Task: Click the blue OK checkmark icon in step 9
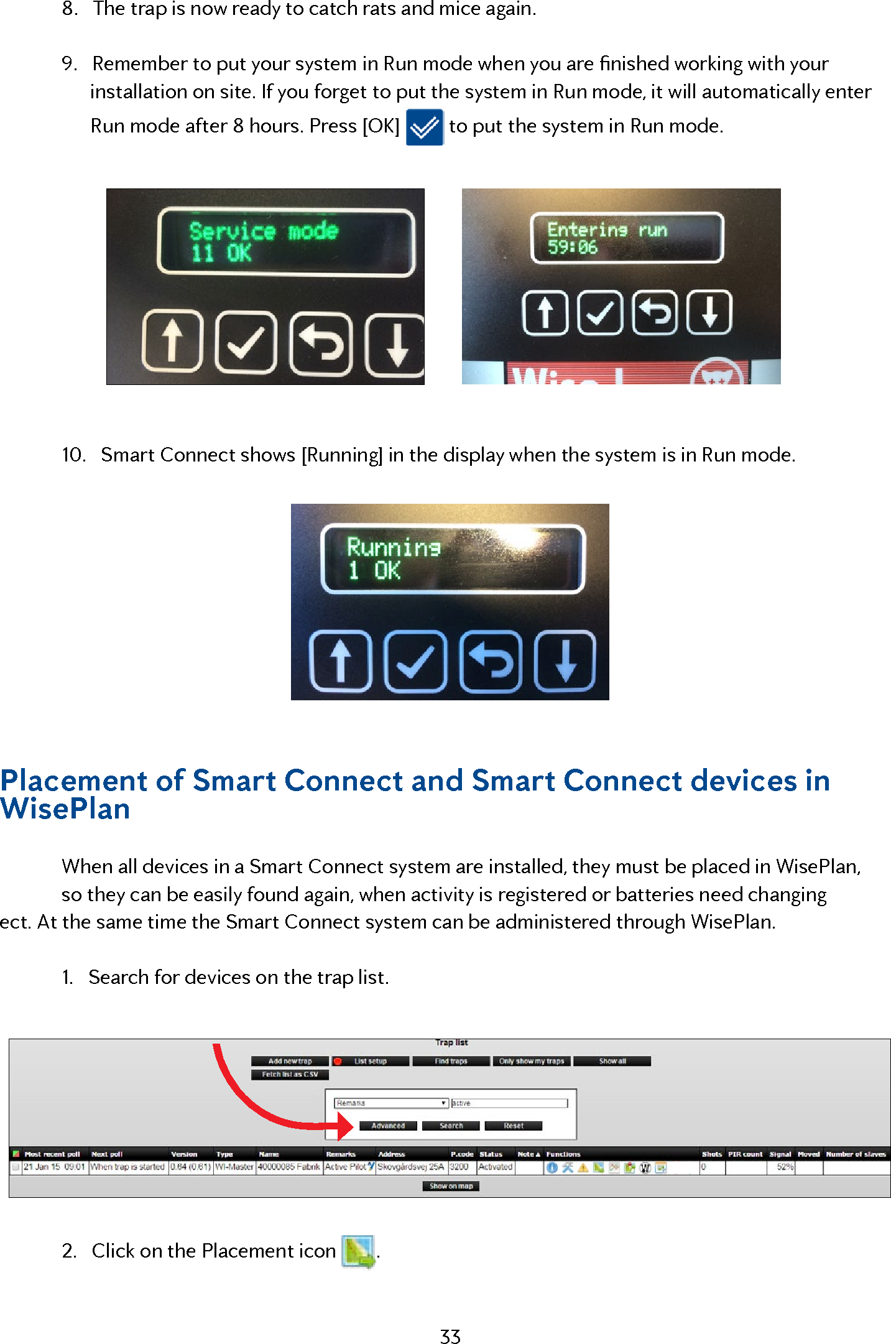click(x=425, y=127)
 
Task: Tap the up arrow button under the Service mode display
click(x=172, y=343)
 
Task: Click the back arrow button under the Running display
click(x=491, y=661)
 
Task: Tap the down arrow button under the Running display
click(x=565, y=661)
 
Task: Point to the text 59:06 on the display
click(x=572, y=248)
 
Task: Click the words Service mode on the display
click(x=264, y=231)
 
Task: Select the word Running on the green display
click(x=394, y=547)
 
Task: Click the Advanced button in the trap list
click(x=388, y=1126)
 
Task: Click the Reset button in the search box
click(x=514, y=1126)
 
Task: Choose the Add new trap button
click(x=290, y=1061)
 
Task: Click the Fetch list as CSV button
click(x=290, y=1074)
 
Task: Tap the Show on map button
click(x=451, y=1186)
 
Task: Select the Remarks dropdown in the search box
click(x=391, y=1103)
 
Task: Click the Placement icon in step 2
click(x=359, y=1251)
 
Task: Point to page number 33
click(x=450, y=1336)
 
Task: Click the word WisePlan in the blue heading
click(x=65, y=809)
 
